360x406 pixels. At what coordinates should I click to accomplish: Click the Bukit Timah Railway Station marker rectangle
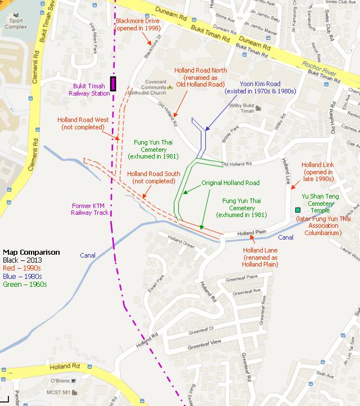[113, 84]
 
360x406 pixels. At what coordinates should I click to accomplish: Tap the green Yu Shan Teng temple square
[298, 210]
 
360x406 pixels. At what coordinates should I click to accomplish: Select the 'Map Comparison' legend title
[31, 252]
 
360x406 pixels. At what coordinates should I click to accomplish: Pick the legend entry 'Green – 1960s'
[25, 284]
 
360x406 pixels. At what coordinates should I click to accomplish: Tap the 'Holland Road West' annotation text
[83, 123]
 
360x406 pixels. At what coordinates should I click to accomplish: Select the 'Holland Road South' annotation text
[154, 177]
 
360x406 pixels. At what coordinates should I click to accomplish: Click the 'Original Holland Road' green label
[231, 183]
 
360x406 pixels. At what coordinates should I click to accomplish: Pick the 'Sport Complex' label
[12, 23]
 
